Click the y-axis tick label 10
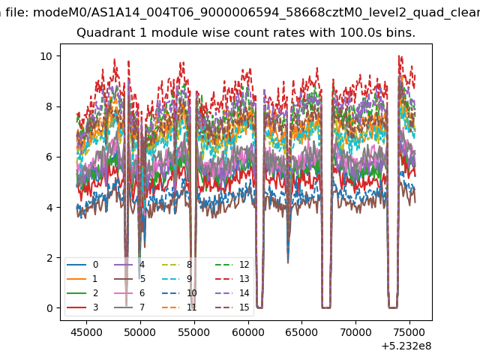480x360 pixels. point(46,56)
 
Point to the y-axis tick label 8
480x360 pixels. point(49,106)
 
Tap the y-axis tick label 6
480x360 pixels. point(49,157)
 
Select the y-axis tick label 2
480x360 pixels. point(49,258)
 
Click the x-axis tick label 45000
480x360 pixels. point(87,332)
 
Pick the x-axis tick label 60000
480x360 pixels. point(248,332)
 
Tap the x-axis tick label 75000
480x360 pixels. point(409,332)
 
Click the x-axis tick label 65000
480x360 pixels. point(301,332)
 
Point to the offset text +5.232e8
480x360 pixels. point(406,346)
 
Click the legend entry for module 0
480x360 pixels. point(82,265)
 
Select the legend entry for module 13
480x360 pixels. point(232,279)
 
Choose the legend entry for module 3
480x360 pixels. point(82,307)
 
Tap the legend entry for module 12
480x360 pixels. point(232,265)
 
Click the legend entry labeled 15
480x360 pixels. point(232,307)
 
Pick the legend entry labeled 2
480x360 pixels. point(82,293)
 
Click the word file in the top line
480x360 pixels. point(17,13)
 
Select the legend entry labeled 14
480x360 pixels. point(232,293)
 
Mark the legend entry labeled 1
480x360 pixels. point(82,279)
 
